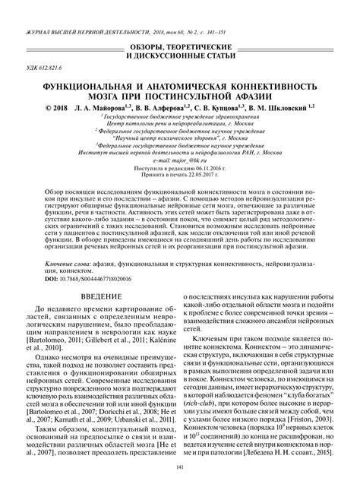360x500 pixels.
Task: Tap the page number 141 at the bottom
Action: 179,486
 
